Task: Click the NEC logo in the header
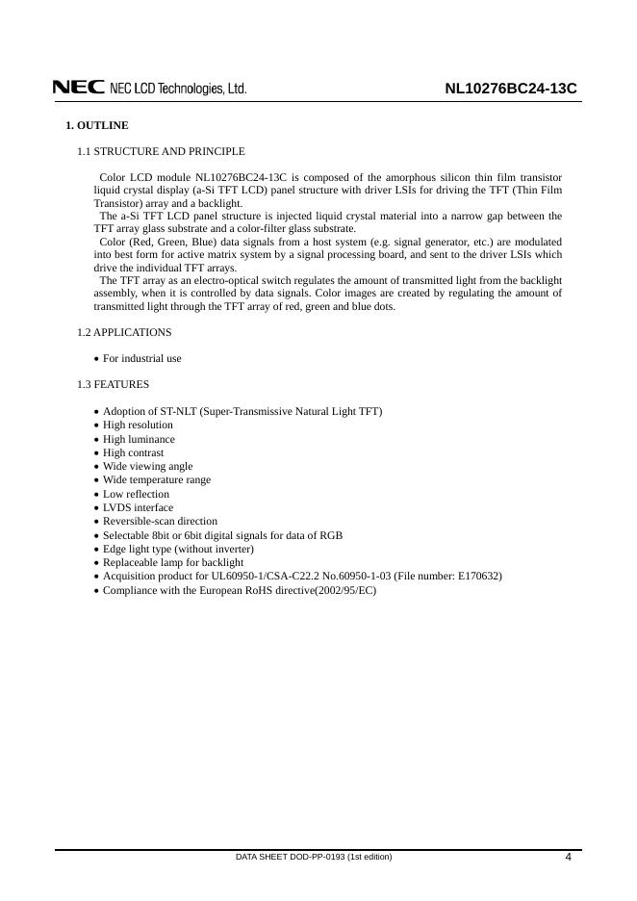pyautogui.click(x=79, y=88)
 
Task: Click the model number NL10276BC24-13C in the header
pyautogui.click(x=510, y=89)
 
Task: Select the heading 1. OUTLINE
pyautogui.click(x=96, y=126)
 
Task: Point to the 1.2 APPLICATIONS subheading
pyautogui.click(x=124, y=332)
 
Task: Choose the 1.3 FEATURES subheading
pyautogui.click(x=113, y=384)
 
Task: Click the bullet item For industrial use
pyautogui.click(x=141, y=358)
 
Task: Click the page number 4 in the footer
pyautogui.click(x=568, y=858)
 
